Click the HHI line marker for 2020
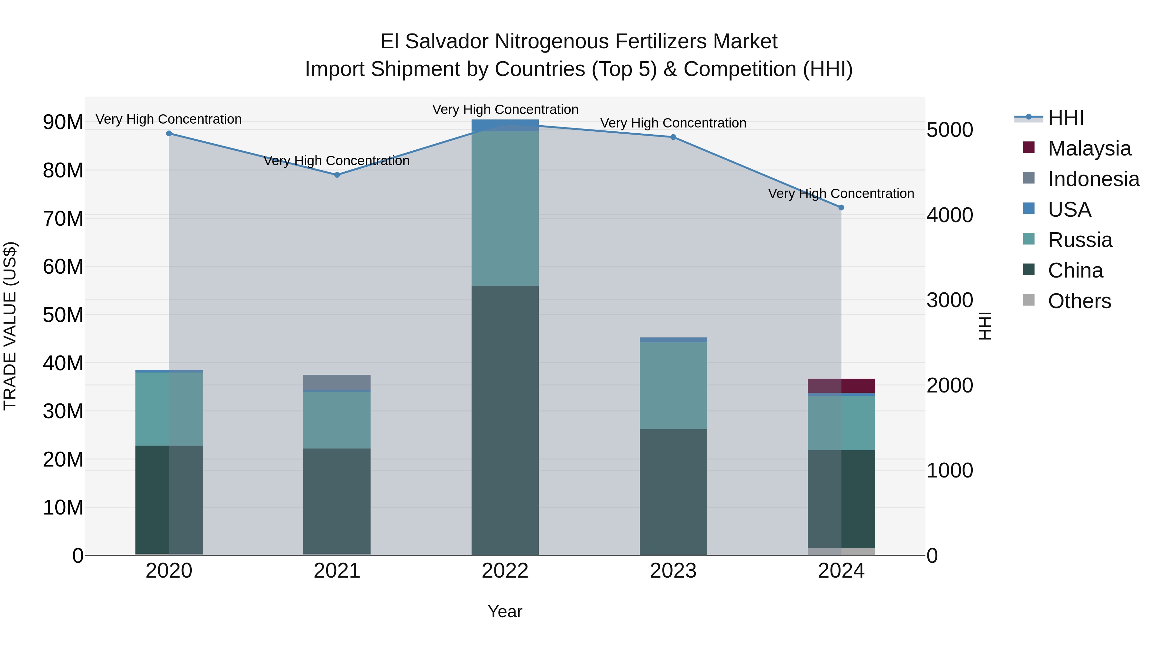coord(169,134)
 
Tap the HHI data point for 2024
coord(841,207)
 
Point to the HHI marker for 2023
coord(673,137)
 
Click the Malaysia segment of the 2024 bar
coord(841,386)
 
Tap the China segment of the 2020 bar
coord(169,499)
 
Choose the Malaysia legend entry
coord(1089,148)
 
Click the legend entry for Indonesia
coord(1093,179)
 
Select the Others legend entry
coord(1079,301)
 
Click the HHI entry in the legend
coord(1065,118)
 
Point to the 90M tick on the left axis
coord(63,122)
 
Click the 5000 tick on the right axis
coord(950,130)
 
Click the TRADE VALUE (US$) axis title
coord(10,326)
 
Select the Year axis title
coord(505,611)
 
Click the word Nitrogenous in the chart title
coord(554,42)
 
